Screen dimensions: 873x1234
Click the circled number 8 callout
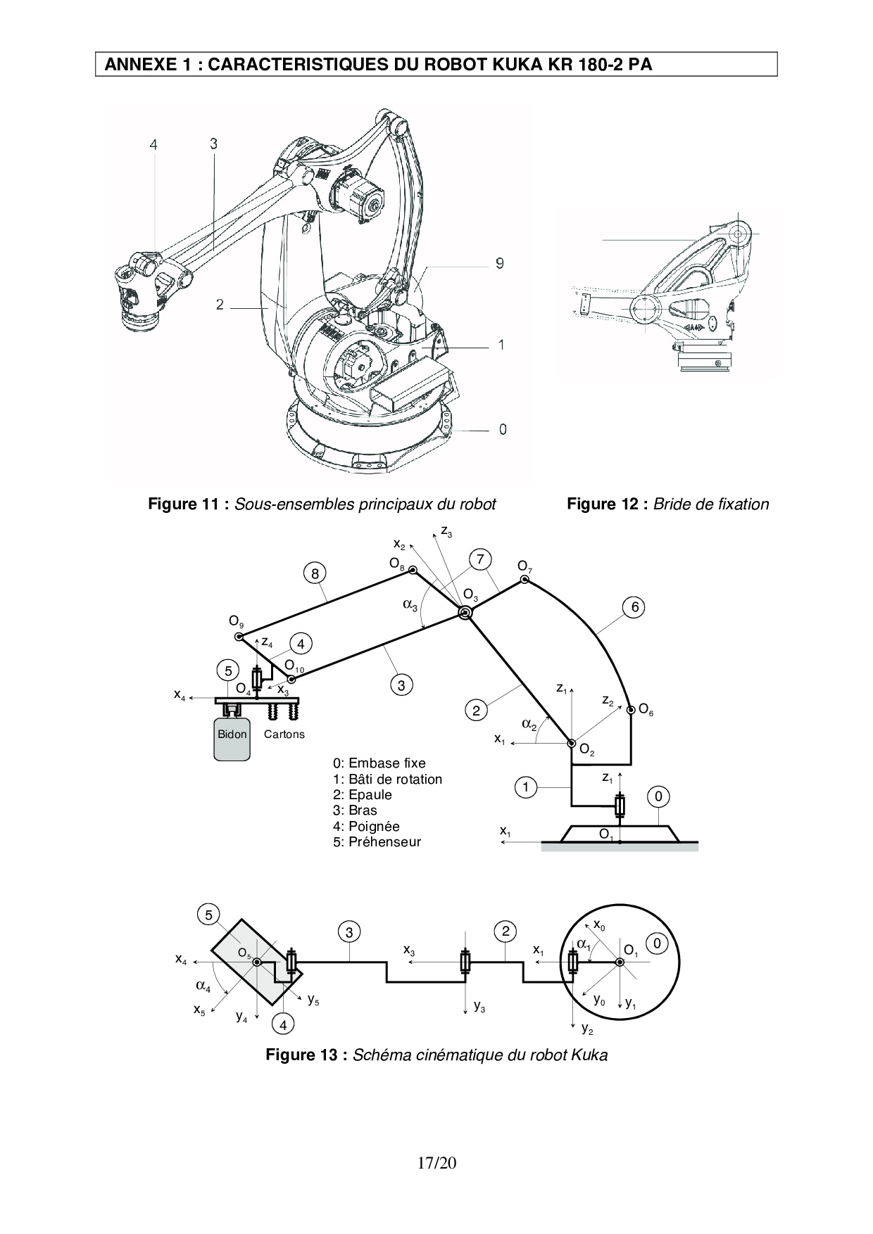pyautogui.click(x=315, y=573)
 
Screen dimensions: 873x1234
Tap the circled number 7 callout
pyautogui.click(x=479, y=559)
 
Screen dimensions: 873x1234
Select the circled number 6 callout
pyautogui.click(x=634, y=607)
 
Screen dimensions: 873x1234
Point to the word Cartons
pyautogui.click(x=284, y=734)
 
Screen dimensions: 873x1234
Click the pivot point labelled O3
pyautogui.click(x=465, y=613)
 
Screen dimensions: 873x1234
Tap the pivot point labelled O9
pyautogui.click(x=239, y=637)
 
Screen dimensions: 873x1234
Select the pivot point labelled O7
pyautogui.click(x=525, y=580)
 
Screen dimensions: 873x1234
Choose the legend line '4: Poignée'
pyautogui.click(x=366, y=827)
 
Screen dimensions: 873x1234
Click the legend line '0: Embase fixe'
pyautogui.click(x=379, y=763)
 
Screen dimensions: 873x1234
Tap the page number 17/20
pyautogui.click(x=436, y=1163)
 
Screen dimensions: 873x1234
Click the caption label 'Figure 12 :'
pyautogui.click(x=608, y=504)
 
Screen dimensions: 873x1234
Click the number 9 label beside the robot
pyautogui.click(x=499, y=263)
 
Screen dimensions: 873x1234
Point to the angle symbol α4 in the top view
pyautogui.click(x=203, y=986)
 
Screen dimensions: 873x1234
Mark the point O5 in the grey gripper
pyautogui.click(x=257, y=962)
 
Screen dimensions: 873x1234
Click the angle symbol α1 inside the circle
pyautogui.click(x=584, y=944)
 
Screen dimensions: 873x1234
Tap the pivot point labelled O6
pyautogui.click(x=631, y=709)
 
